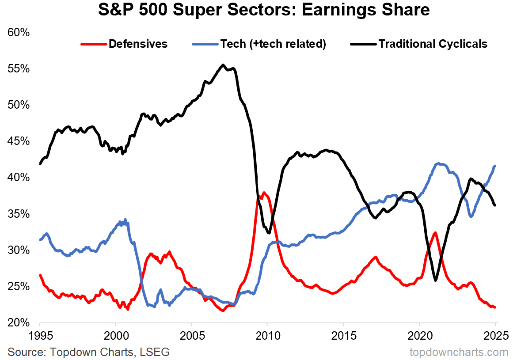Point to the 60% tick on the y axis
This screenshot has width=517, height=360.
[18, 33]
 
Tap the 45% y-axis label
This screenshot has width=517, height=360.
[18, 141]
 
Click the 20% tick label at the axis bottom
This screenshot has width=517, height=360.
[18, 323]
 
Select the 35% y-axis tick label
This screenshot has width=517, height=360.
[18, 214]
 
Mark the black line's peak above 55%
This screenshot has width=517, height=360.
[223, 65]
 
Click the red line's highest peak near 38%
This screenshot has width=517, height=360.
[264, 193]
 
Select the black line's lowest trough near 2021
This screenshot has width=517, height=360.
[436, 280]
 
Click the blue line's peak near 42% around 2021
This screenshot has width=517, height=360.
[438, 163]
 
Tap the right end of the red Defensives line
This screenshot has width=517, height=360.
[495, 307]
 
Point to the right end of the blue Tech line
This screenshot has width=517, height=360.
[495, 166]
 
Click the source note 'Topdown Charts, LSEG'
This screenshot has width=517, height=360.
[88, 352]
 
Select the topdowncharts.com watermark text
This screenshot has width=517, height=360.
[459, 352]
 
